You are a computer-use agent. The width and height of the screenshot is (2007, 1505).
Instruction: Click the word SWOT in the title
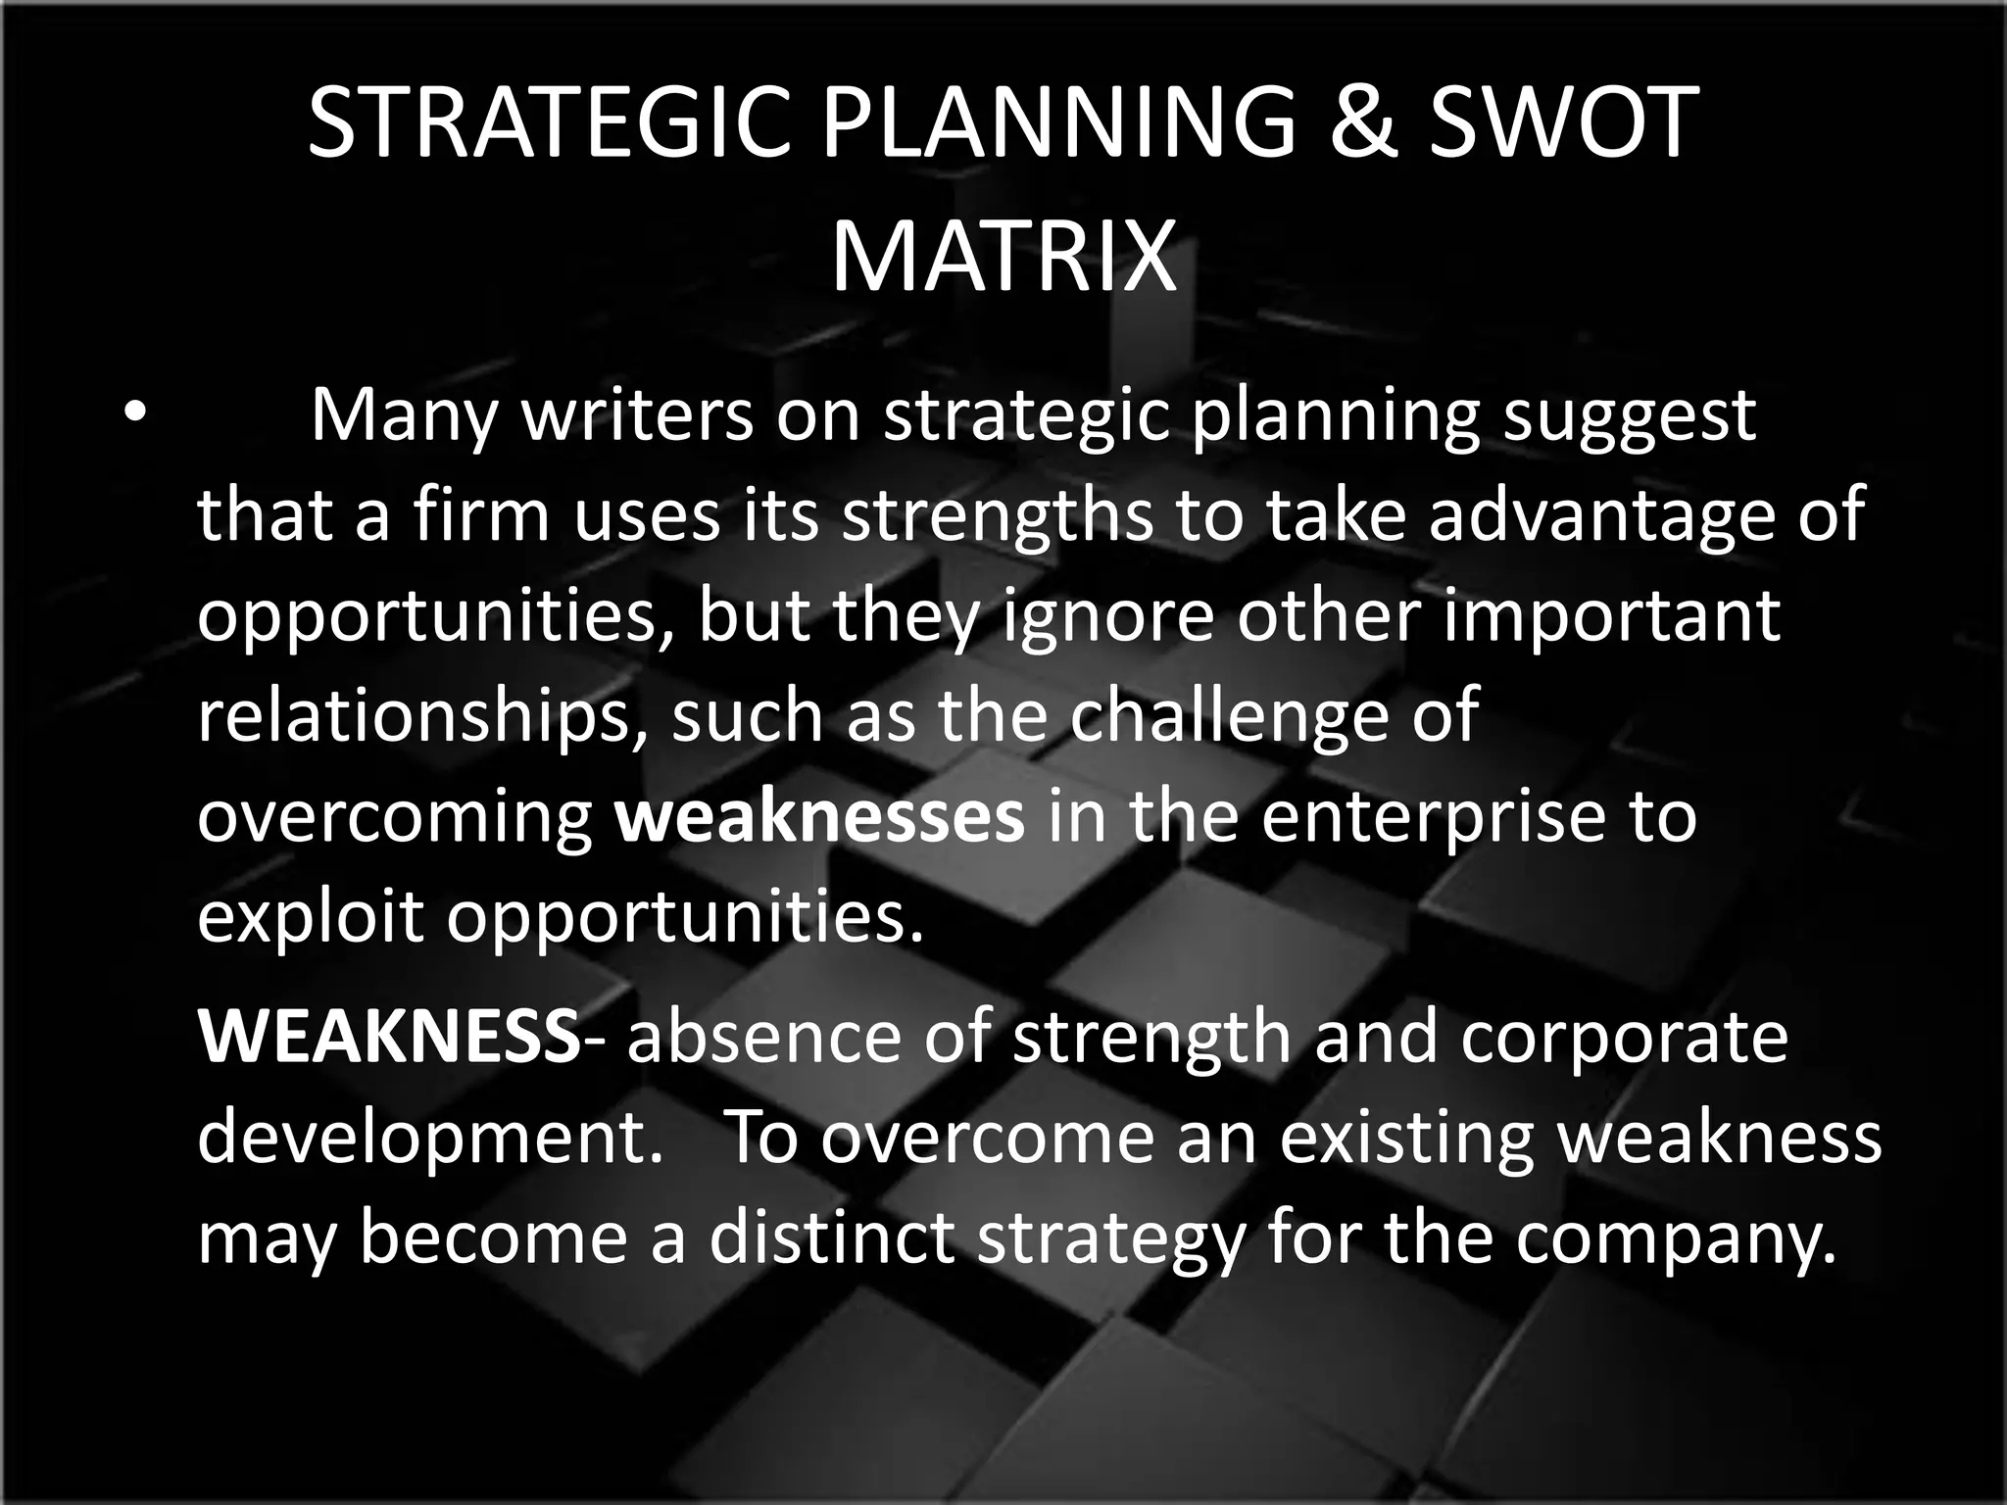tap(1562, 121)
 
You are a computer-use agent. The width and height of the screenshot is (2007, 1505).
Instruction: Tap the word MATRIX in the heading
tap(1003, 257)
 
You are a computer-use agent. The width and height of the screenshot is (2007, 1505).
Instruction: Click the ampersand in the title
tap(1362, 121)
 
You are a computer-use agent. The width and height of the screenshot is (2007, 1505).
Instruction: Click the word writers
tap(637, 415)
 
